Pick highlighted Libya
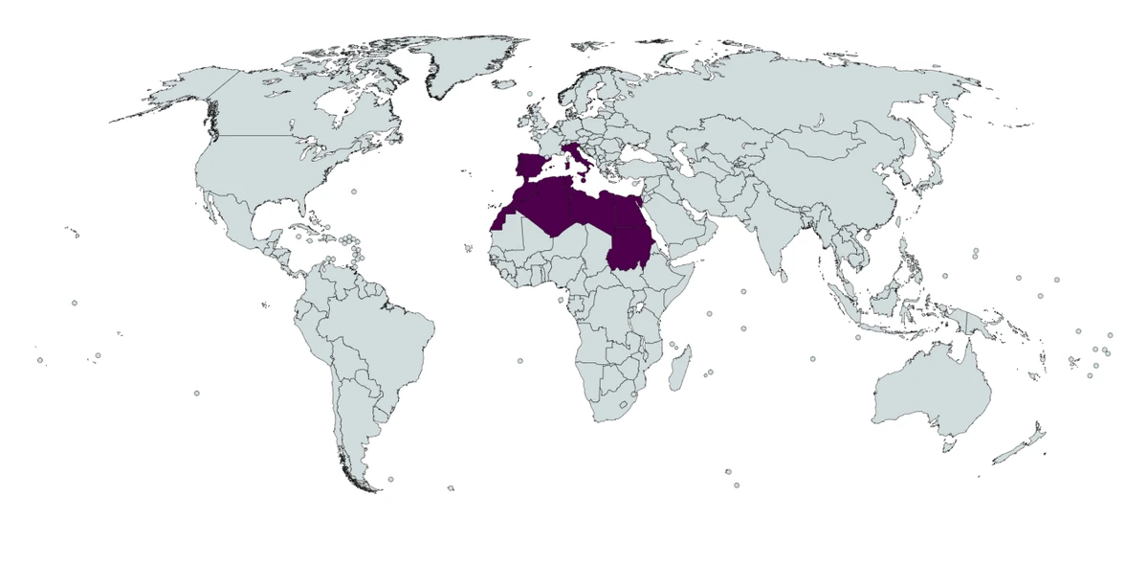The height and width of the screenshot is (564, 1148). tap(587, 212)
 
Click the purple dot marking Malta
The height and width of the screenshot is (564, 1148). tap(583, 179)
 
